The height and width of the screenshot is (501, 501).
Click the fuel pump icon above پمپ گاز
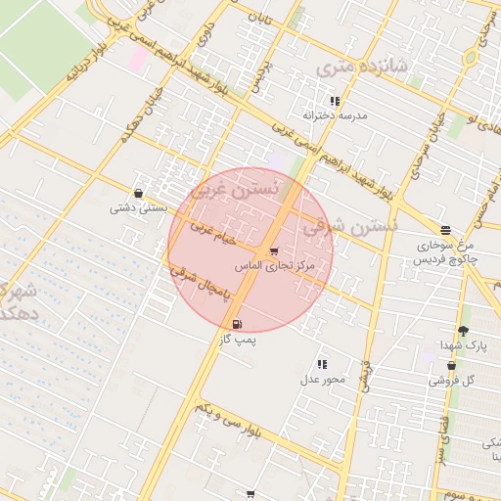point(237,324)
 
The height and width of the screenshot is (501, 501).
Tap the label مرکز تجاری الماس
point(274,266)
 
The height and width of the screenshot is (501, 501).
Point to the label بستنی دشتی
point(138,207)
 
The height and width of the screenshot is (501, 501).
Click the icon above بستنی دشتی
point(138,194)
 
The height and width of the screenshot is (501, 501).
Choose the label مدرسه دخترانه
point(335,114)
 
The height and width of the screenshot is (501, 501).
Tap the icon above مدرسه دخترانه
point(335,101)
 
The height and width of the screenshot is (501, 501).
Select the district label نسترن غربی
point(237,188)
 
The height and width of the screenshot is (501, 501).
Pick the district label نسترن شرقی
point(349,226)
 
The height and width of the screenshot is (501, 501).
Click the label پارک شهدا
point(462,345)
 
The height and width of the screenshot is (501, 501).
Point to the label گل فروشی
point(454,380)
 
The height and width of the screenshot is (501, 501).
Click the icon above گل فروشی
point(451,366)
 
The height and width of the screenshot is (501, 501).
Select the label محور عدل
point(323,379)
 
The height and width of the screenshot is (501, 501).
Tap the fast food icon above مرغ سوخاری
point(445,231)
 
